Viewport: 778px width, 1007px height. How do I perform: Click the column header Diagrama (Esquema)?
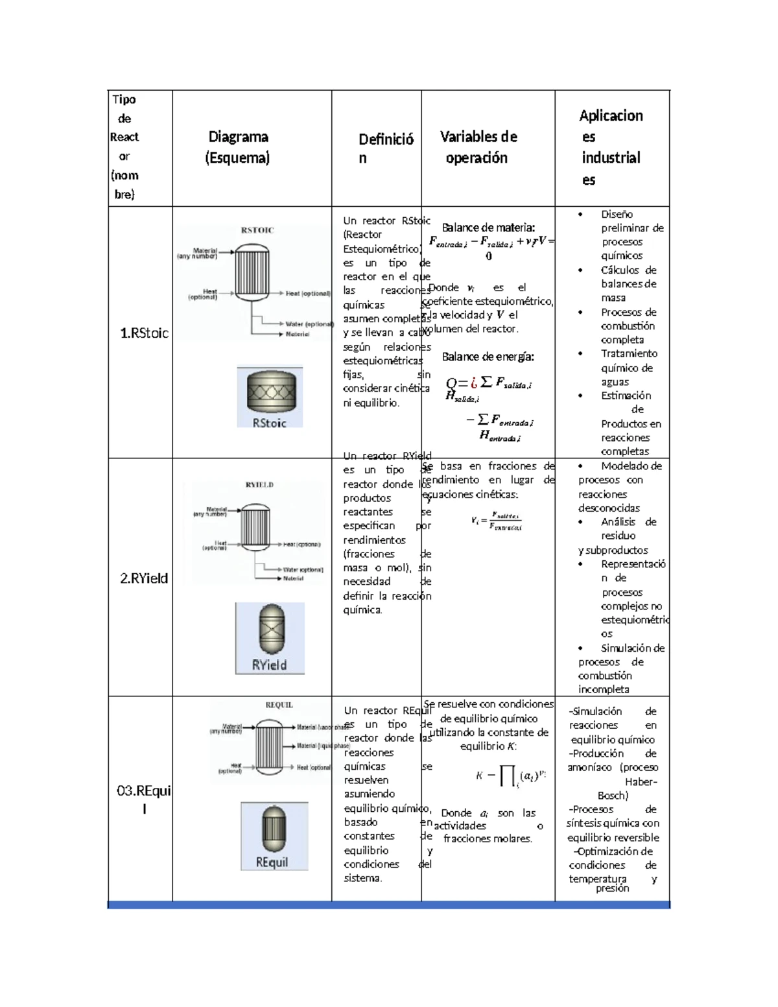(x=238, y=147)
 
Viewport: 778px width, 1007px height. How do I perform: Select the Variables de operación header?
(x=478, y=147)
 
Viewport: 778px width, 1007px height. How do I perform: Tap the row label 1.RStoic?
(x=144, y=333)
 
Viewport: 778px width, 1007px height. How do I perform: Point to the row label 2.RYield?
(x=144, y=578)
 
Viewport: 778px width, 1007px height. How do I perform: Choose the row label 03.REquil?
(x=144, y=799)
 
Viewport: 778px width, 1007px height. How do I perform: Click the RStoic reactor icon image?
(x=270, y=397)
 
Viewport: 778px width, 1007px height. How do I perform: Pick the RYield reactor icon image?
(x=270, y=638)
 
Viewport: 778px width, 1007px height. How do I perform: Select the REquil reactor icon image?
(x=274, y=835)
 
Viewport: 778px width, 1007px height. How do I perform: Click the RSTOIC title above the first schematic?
(x=257, y=230)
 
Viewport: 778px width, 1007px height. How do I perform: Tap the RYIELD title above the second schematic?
(x=259, y=484)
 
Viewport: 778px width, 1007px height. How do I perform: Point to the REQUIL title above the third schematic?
(x=279, y=705)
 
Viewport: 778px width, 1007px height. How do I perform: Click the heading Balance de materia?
(x=488, y=228)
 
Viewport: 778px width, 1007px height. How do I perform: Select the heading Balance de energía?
(x=488, y=357)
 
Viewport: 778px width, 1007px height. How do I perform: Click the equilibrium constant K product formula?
(x=511, y=776)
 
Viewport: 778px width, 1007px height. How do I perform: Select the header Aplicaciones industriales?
(x=611, y=147)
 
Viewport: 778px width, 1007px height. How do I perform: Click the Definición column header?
(x=386, y=148)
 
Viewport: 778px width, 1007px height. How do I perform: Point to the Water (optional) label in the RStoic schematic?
(x=309, y=324)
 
